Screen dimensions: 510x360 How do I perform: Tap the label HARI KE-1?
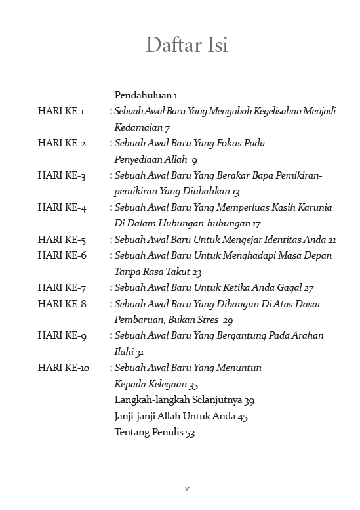(x=61, y=111)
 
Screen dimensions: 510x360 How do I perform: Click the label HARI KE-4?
(x=62, y=207)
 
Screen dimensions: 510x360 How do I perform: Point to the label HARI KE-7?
(x=62, y=287)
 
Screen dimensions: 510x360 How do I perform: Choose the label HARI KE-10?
(x=64, y=368)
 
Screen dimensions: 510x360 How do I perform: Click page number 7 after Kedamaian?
(x=168, y=127)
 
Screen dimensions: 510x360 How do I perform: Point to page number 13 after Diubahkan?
(x=235, y=192)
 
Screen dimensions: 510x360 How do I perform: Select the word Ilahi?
(x=124, y=352)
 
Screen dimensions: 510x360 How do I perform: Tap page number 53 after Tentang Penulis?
(x=190, y=432)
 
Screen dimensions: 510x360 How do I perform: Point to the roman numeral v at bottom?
(x=186, y=488)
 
